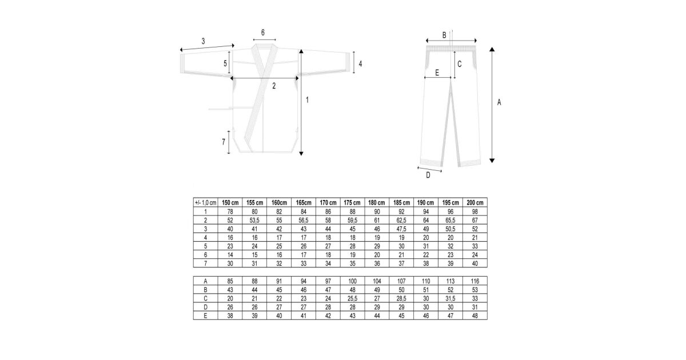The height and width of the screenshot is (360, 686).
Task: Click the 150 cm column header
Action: (x=230, y=203)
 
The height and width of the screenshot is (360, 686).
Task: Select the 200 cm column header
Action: (x=475, y=203)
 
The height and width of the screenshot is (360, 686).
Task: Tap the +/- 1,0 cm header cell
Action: (x=205, y=203)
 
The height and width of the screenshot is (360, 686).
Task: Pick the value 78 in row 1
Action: (x=230, y=211)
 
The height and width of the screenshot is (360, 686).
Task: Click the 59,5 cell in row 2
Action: (x=353, y=220)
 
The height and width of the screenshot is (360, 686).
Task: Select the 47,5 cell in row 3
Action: (x=401, y=229)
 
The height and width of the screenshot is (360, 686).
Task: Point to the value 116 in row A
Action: (x=475, y=281)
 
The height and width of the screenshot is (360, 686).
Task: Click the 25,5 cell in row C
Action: (x=353, y=298)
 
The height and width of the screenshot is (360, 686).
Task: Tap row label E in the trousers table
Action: (x=205, y=315)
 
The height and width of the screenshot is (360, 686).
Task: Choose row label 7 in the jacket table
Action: (x=205, y=263)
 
